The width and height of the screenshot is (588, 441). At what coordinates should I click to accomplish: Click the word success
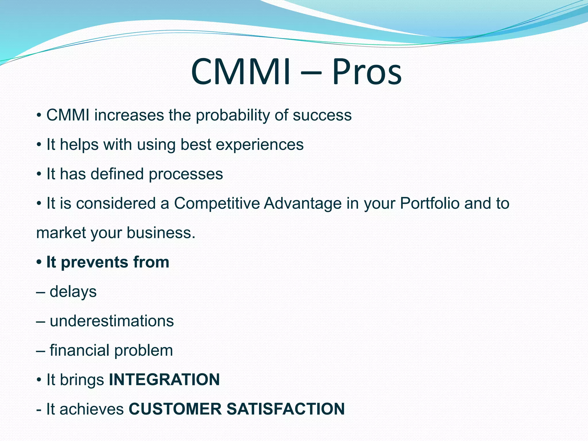tap(322, 115)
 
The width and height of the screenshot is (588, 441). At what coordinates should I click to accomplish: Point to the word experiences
tap(260, 145)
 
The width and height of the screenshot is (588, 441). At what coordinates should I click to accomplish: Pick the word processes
tap(186, 174)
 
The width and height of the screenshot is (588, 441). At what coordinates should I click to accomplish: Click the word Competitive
tap(217, 204)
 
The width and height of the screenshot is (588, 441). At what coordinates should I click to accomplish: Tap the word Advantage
tap(303, 204)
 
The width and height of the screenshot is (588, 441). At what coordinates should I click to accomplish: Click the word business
tap(161, 233)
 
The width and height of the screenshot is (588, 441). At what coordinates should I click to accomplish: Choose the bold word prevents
tap(94, 262)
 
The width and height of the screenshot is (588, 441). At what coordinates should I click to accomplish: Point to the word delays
tap(73, 292)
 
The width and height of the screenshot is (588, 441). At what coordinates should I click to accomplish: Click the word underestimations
tap(112, 321)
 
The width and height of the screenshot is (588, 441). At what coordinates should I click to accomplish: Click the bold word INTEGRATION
tap(164, 380)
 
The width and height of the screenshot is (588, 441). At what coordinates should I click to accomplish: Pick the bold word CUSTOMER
tap(175, 409)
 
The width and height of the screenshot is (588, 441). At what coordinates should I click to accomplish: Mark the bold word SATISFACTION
tap(285, 409)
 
